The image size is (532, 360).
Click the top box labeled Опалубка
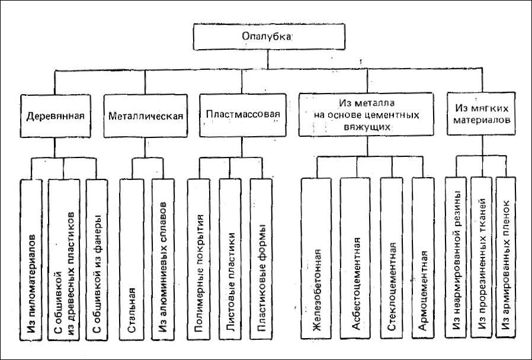point(269,37)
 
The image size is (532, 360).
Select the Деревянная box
point(55,115)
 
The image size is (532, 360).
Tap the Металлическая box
point(146,115)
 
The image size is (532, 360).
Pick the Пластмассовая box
point(243,115)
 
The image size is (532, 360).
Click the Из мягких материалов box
point(482,114)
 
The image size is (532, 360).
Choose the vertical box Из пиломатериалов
point(31,260)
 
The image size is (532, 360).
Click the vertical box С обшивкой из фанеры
point(97,260)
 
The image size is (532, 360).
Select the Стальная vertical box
point(132,259)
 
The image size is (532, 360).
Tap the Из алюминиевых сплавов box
point(163,259)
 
